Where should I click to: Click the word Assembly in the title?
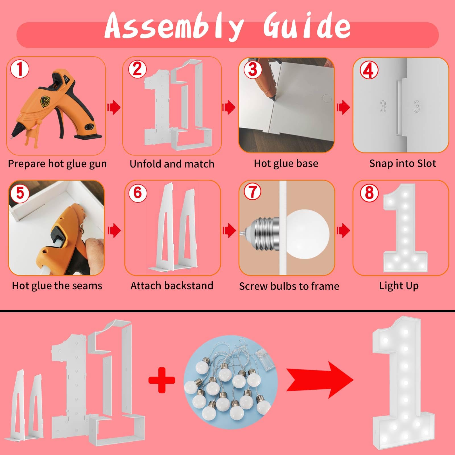pyautogui.click(x=174, y=26)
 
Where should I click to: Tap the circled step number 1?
pyautogui.click(x=20, y=69)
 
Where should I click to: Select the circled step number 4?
pyautogui.click(x=369, y=71)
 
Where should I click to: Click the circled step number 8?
pyautogui.click(x=369, y=193)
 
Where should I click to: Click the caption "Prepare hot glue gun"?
pyautogui.click(x=57, y=164)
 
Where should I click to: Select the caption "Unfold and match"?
pyautogui.click(x=172, y=164)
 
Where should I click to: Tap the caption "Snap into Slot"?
pyautogui.click(x=402, y=164)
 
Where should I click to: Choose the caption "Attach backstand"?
pyautogui.click(x=172, y=286)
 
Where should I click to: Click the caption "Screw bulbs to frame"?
pyautogui.click(x=289, y=286)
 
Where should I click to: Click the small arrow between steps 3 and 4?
pyautogui.click(x=343, y=107)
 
